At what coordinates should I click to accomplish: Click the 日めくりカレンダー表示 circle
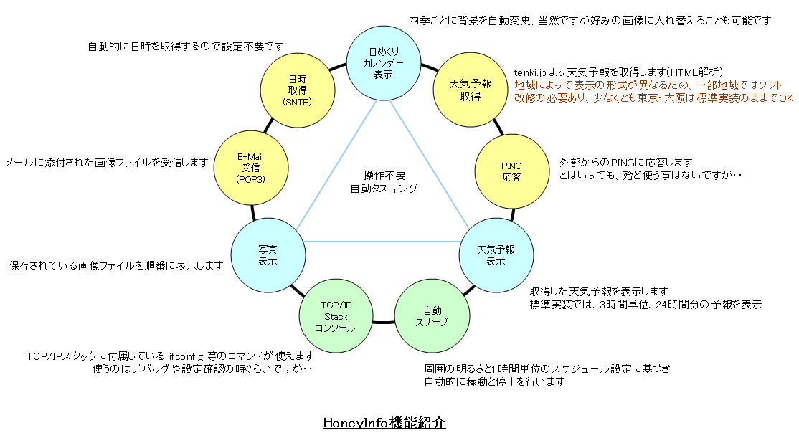383,63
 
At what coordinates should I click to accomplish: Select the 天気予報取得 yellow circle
471,90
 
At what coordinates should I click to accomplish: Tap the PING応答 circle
511,171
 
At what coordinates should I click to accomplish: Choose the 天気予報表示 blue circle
496,255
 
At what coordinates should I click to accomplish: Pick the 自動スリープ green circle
432,315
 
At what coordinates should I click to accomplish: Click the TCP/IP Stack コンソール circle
336,315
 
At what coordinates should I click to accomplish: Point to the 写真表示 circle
268,255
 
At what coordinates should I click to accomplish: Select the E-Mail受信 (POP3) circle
251,168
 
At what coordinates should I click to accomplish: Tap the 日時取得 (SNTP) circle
298,90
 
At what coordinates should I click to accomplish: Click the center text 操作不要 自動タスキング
384,182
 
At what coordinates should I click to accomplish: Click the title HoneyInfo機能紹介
384,423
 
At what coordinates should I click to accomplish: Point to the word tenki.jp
530,72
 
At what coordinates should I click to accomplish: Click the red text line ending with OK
654,97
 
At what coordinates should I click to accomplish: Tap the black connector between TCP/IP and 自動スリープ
384,322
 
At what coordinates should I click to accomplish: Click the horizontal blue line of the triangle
382,242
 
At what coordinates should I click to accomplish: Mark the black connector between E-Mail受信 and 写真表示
252,212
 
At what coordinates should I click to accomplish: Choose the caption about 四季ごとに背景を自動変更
590,20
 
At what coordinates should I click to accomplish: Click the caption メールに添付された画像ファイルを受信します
106,163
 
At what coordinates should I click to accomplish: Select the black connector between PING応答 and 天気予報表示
513,214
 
